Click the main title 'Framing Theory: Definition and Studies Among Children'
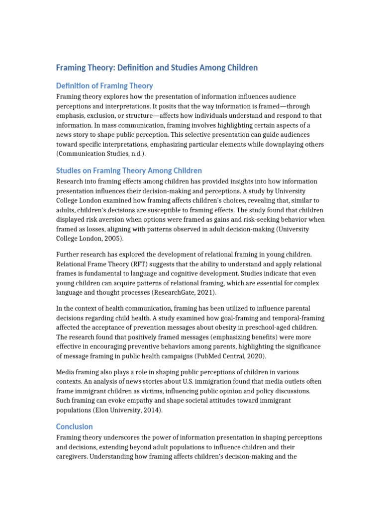point(157,67)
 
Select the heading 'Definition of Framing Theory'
point(104,85)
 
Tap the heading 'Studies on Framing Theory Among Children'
point(129,170)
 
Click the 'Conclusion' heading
point(74,426)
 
